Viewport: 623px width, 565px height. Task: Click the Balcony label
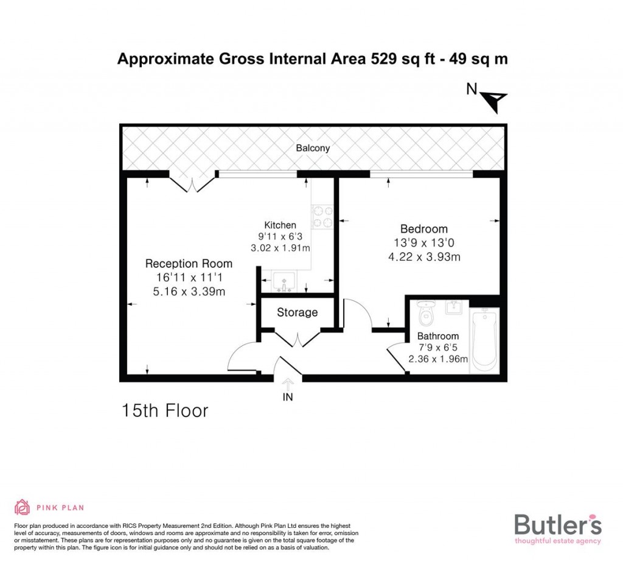click(x=313, y=148)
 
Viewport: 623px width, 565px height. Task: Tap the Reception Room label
click(x=189, y=264)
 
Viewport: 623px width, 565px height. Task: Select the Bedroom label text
click(x=424, y=229)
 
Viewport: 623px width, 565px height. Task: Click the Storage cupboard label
click(x=298, y=312)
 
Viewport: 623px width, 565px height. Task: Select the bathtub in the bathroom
click(x=485, y=339)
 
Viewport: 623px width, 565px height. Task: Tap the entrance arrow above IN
click(x=288, y=383)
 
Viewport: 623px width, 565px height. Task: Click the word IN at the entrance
click(x=288, y=398)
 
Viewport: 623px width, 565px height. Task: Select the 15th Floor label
click(x=165, y=410)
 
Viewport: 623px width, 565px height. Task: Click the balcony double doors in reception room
click(x=193, y=183)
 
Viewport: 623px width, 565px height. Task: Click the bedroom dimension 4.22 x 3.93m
click(x=424, y=257)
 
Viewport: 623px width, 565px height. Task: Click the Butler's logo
click(x=558, y=526)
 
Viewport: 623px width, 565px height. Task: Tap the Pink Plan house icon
click(x=22, y=507)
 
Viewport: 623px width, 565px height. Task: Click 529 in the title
click(x=384, y=59)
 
